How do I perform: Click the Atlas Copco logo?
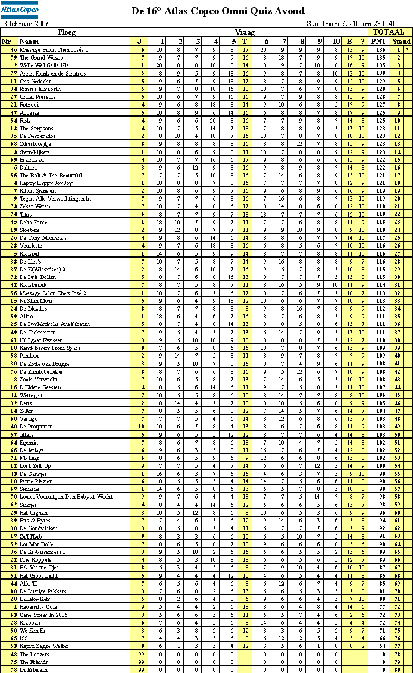21,9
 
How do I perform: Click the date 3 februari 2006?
27,24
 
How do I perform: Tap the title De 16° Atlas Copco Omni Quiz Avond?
218,11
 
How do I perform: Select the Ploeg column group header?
67,32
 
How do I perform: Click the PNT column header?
378,41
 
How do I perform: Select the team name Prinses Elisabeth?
40,89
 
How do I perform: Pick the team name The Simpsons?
36,128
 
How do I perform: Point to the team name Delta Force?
33,222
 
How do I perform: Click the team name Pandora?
29,356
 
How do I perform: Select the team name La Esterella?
33,669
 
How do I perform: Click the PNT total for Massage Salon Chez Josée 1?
378,50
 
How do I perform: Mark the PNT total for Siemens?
378,489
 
